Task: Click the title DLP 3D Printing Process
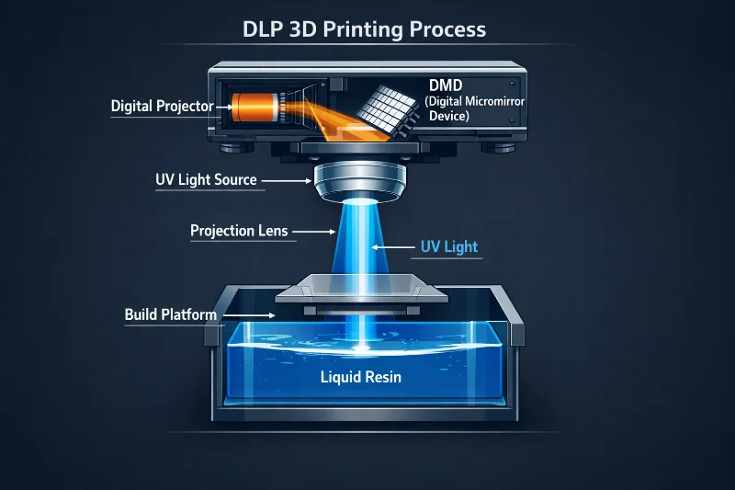pos(367,28)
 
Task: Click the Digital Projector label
pos(162,106)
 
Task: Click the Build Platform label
pos(170,314)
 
